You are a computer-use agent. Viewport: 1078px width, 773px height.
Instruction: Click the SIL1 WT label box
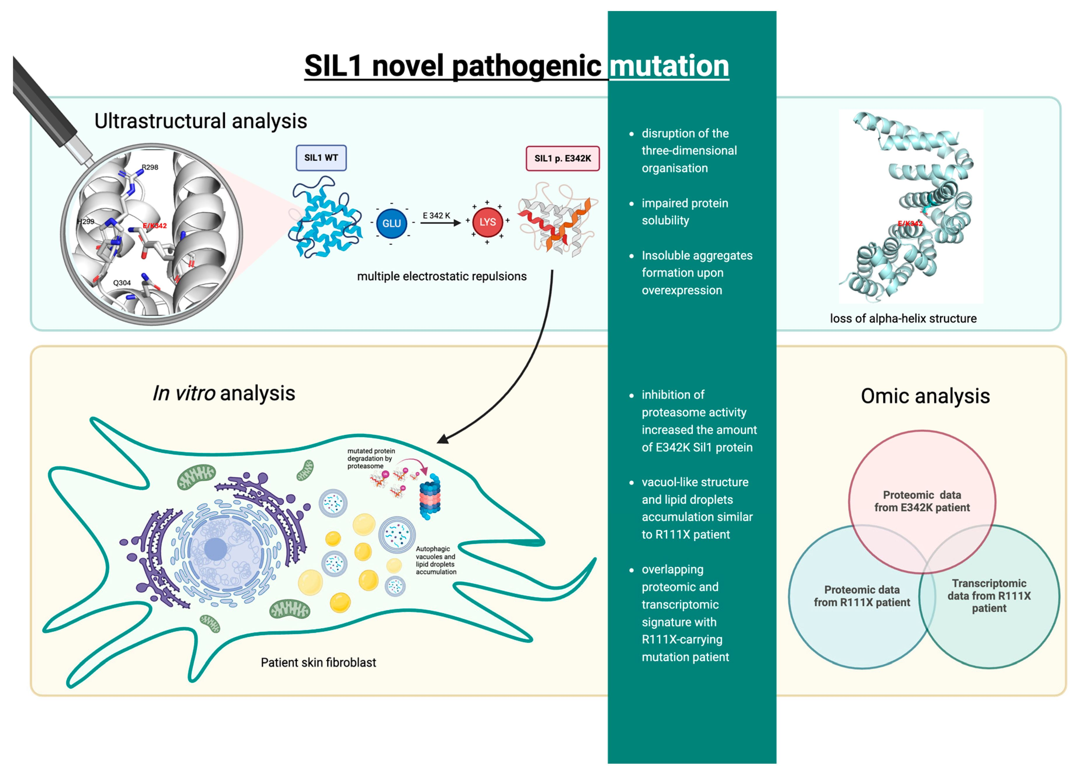tap(321, 158)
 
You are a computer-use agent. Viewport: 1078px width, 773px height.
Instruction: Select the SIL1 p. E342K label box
tap(562, 158)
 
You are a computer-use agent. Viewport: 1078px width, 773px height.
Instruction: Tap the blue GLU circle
tap(391, 223)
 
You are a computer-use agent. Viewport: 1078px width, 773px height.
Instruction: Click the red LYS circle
tap(487, 222)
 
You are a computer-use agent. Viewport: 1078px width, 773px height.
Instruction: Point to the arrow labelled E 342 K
tap(441, 222)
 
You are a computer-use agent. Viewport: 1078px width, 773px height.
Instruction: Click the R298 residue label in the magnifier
tap(150, 167)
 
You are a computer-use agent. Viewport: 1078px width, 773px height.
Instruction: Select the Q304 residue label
tap(122, 283)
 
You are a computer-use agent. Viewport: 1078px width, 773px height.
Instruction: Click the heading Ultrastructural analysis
tap(201, 121)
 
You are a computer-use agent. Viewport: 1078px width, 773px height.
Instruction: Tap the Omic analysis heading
tap(925, 396)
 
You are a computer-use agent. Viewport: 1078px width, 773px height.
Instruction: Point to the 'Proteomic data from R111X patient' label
tap(862, 596)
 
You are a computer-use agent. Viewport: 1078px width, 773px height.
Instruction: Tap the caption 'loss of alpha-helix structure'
tap(903, 318)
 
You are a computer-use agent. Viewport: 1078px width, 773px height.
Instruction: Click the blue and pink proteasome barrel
tap(430, 496)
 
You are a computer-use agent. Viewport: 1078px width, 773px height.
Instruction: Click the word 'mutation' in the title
tap(669, 66)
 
